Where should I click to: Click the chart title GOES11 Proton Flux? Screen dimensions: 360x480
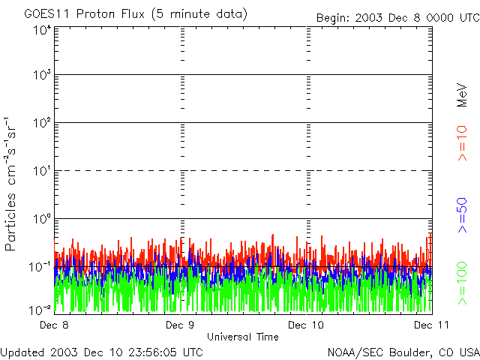pos(135,14)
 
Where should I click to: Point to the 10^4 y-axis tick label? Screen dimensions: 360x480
pos(41,29)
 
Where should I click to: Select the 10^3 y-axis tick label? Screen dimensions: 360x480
pos(41,76)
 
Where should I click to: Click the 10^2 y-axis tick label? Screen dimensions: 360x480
pos(41,123)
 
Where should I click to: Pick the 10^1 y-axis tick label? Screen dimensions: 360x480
pos(42,171)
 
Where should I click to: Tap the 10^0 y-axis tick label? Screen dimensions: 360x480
pos(42,219)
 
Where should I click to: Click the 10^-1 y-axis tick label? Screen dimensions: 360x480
pos(40,267)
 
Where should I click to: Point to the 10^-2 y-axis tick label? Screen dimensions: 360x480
pos(40,309)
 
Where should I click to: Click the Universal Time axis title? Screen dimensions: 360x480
pos(243,337)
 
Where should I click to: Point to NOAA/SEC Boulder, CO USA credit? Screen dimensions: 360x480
pos(403,352)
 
